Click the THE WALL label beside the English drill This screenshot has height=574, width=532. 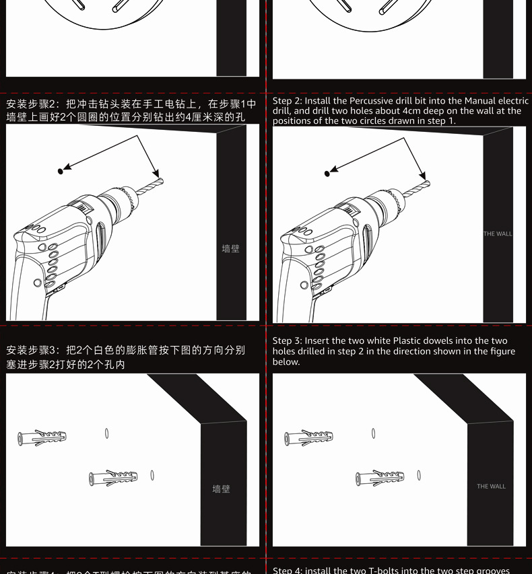[x=498, y=234]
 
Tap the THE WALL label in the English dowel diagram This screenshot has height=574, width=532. [x=491, y=487]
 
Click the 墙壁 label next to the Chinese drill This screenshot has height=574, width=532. [x=230, y=249]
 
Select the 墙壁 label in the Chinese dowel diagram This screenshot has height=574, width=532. [x=221, y=489]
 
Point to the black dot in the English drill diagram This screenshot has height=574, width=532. [x=327, y=174]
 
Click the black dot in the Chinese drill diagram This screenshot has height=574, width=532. [x=61, y=171]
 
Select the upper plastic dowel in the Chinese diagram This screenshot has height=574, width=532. [x=42, y=437]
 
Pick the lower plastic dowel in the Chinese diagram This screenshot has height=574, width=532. [x=113, y=478]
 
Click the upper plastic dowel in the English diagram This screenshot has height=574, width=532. [x=308, y=437]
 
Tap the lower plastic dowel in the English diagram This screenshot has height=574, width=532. [x=380, y=478]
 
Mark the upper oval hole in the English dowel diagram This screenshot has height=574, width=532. [x=373, y=433]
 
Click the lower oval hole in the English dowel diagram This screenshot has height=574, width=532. [x=419, y=475]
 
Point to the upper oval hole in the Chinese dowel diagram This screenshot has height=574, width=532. [x=106, y=433]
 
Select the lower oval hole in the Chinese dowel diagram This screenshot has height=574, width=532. [x=152, y=475]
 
